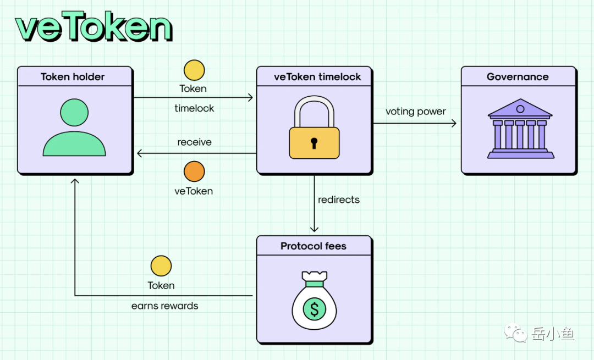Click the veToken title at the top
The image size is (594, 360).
(94, 27)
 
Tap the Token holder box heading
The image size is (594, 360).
(73, 76)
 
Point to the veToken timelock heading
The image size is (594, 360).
(317, 76)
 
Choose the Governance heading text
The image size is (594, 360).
(518, 76)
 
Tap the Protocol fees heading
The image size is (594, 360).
(313, 246)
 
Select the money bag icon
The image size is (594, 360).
(314, 302)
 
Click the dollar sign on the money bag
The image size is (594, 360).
(315, 309)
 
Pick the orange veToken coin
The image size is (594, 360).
(194, 171)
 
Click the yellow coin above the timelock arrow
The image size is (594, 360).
(194, 70)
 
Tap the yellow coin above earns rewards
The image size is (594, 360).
(161, 266)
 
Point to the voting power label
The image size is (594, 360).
(415, 112)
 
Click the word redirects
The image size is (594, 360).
(339, 200)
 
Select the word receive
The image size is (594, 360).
(194, 142)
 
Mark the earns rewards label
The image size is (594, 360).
(164, 306)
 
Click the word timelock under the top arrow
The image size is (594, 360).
(194, 108)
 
